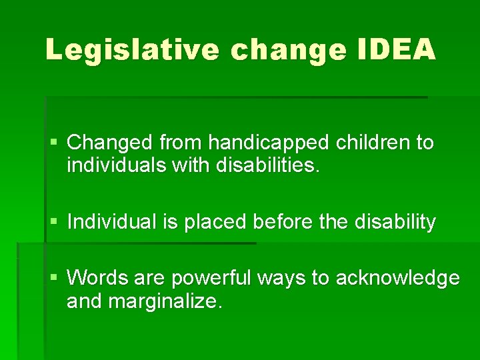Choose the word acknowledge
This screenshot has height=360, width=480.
pyautogui.click(x=397, y=277)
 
